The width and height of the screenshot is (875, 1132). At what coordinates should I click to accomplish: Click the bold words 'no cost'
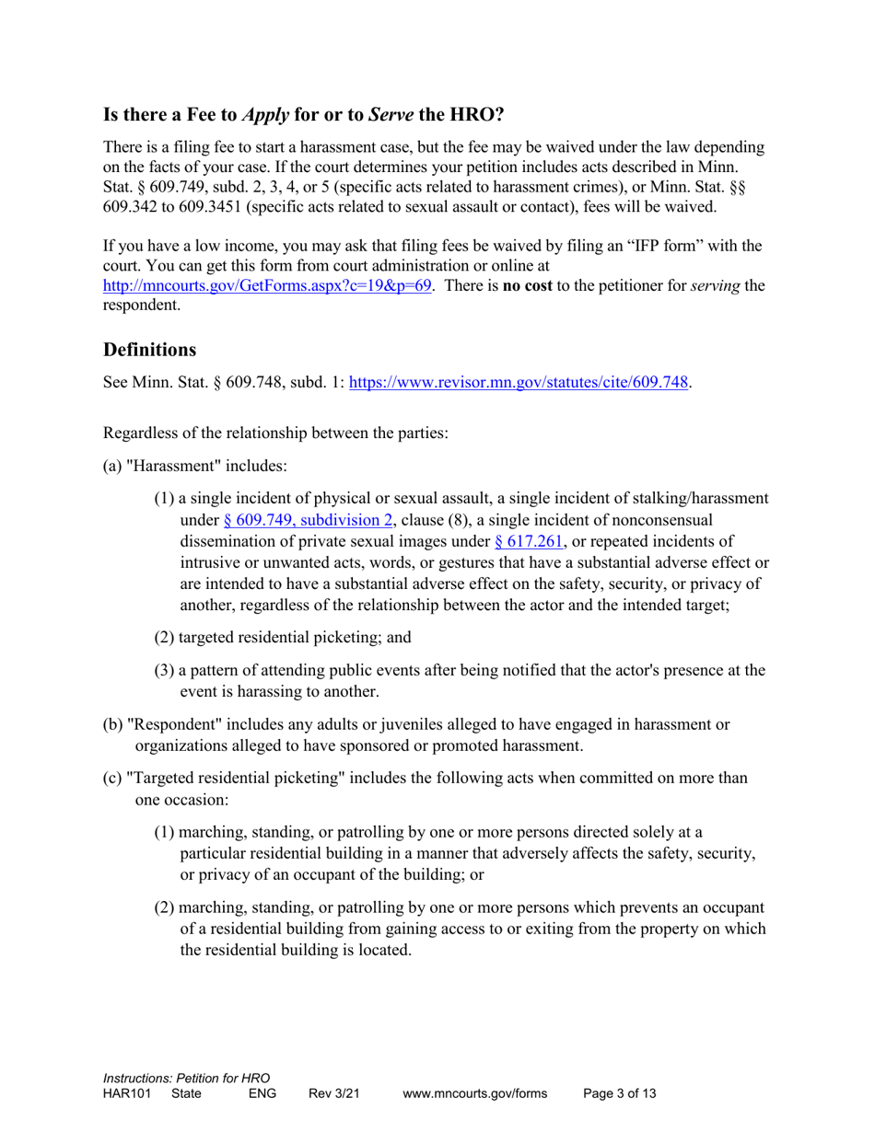[x=526, y=285]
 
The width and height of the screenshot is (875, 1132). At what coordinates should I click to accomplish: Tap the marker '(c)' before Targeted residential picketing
[x=111, y=778]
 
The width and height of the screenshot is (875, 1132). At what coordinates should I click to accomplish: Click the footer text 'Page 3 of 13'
[x=620, y=1094]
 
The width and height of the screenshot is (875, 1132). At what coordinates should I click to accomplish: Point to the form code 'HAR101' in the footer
[x=127, y=1094]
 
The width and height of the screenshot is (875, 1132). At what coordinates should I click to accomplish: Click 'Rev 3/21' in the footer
[x=333, y=1094]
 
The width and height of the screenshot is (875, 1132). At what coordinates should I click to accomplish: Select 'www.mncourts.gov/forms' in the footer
[x=474, y=1094]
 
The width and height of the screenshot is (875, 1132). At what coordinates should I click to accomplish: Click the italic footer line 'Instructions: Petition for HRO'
[x=186, y=1078]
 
